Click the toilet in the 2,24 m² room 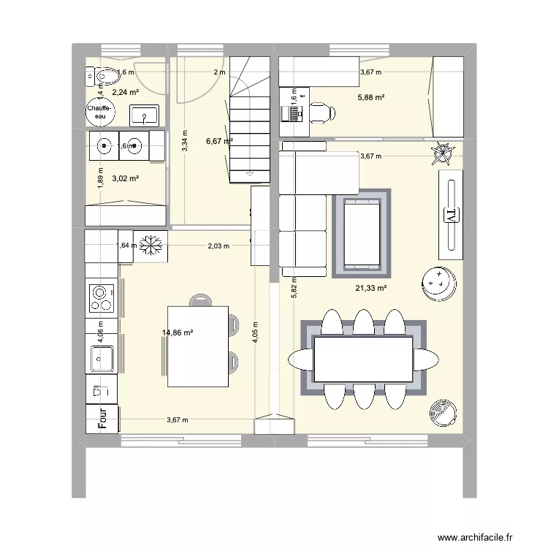(x=104, y=75)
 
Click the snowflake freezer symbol (x=152, y=246)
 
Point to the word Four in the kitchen (x=103, y=418)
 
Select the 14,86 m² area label (x=178, y=333)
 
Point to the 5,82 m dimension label (x=294, y=289)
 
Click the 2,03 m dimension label (x=218, y=246)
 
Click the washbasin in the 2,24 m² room (x=145, y=115)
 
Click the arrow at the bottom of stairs (x=251, y=174)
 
